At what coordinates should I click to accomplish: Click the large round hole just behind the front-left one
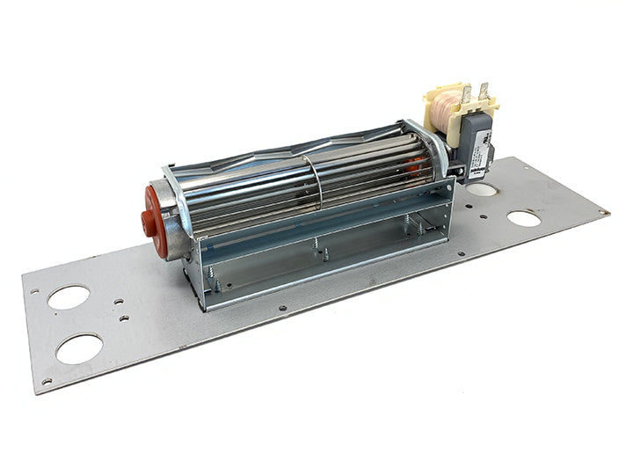click(x=69, y=297)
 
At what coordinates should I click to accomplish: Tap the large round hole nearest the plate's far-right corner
click(x=524, y=218)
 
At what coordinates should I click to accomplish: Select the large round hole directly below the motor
click(x=482, y=189)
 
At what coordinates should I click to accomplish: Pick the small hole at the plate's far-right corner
click(x=602, y=212)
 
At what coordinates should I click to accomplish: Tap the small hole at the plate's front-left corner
click(x=46, y=381)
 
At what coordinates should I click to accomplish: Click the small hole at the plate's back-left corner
click(x=34, y=291)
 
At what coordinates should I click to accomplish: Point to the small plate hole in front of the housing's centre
click(x=281, y=309)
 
